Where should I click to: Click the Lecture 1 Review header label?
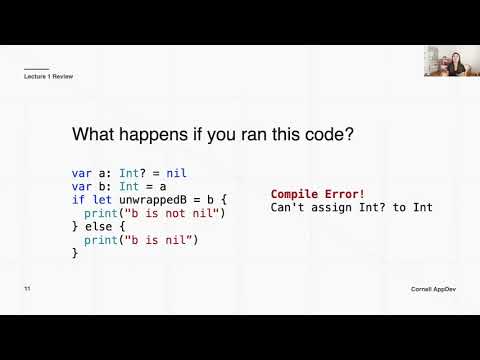(48, 77)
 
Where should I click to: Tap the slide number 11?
(28, 288)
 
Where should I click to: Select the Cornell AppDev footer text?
(433, 288)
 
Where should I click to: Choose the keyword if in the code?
(78, 200)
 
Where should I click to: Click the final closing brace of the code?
(75, 254)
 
